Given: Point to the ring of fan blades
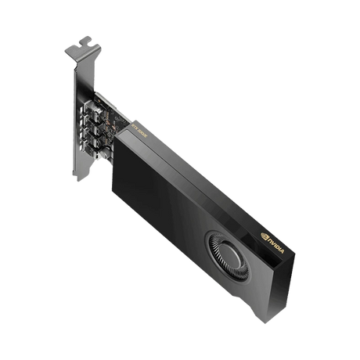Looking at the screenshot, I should click(x=210, y=254).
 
